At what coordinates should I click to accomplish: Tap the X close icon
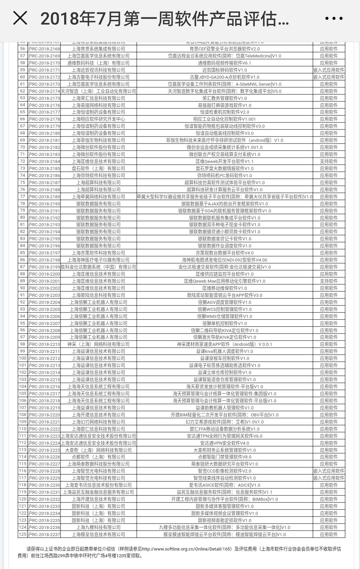20,18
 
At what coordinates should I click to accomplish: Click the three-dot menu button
334,18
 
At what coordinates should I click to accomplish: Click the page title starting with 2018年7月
165,18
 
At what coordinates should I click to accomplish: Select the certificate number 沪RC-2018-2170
44,63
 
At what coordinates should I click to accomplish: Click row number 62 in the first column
22,91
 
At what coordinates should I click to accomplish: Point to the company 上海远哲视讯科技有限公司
98,70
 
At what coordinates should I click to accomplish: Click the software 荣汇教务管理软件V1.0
224,98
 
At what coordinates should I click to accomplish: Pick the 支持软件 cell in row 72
328,161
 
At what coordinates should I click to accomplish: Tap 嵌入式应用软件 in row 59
328,70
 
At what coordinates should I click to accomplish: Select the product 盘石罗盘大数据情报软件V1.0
224,168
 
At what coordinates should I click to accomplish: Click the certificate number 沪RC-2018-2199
44,267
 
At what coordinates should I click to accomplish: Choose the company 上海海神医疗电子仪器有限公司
98,260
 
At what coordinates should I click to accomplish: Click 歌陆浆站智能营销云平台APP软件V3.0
224,295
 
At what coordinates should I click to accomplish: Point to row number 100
22,358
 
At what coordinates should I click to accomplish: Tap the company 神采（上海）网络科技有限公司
98,344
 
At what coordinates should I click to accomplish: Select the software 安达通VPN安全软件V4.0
224,443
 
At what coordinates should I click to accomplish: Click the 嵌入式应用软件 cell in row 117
328,478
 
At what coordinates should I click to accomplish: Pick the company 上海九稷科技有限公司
98,527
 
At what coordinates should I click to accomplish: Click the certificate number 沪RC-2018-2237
44,534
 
